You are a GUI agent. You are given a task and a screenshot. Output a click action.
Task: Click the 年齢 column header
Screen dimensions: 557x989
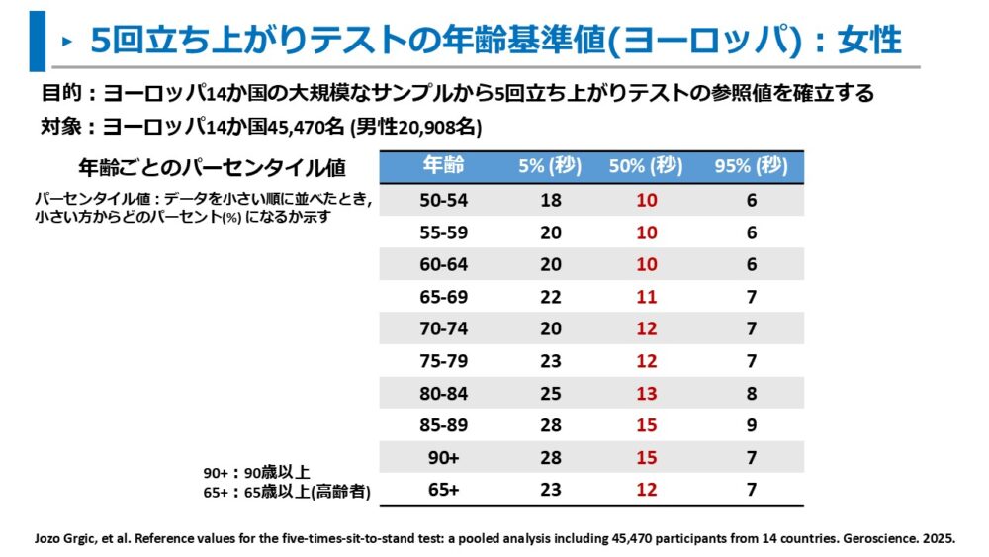pyautogui.click(x=442, y=165)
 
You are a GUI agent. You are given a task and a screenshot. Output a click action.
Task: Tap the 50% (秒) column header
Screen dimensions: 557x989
pyautogui.click(x=646, y=166)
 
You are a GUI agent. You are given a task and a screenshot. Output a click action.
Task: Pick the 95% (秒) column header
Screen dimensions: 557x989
pyautogui.click(x=751, y=166)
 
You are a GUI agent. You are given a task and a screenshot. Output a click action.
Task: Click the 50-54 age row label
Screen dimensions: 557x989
pyautogui.click(x=442, y=200)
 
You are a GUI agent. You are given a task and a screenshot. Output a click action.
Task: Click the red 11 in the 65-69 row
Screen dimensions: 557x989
pyautogui.click(x=646, y=296)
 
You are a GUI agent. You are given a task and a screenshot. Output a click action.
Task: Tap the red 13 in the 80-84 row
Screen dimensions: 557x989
pyautogui.click(x=646, y=393)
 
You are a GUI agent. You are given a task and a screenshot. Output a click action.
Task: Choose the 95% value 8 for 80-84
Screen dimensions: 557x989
pyautogui.click(x=752, y=393)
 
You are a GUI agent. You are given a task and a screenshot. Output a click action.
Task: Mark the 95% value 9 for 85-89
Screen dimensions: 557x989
pyautogui.click(x=752, y=425)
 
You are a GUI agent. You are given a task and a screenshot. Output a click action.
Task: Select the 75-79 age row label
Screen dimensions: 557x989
pyautogui.click(x=442, y=361)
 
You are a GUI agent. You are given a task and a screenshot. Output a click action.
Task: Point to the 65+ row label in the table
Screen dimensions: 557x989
pyautogui.click(x=442, y=490)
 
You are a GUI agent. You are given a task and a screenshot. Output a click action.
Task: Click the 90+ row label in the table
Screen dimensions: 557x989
pyautogui.click(x=442, y=458)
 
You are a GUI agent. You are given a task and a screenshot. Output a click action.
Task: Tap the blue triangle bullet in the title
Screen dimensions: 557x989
pyautogui.click(x=66, y=42)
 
